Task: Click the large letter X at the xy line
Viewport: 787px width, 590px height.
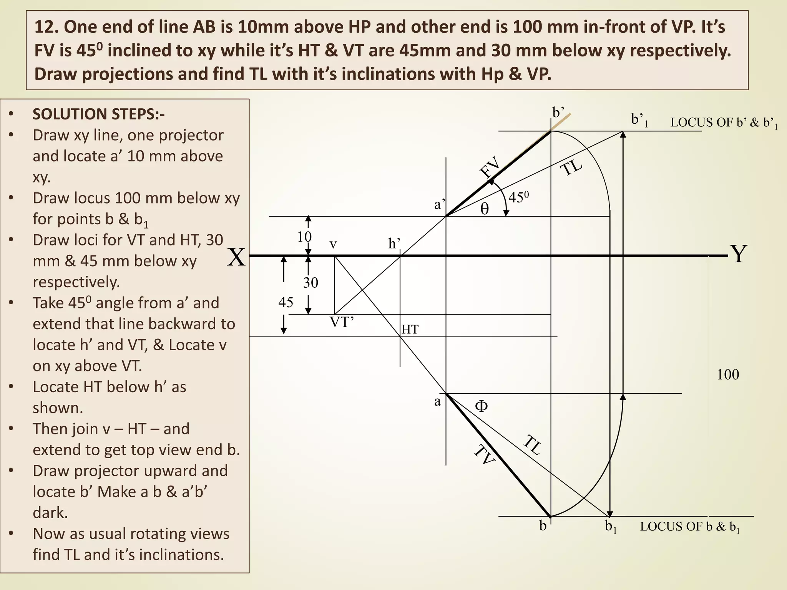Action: coord(236,257)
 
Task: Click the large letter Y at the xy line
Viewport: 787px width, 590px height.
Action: coord(738,254)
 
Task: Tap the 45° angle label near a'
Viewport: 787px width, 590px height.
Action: coord(518,197)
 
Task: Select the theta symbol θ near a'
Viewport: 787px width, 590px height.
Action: coord(485,209)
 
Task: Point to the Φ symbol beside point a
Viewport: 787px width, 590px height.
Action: coord(481,406)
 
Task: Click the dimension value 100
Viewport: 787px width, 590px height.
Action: coord(728,375)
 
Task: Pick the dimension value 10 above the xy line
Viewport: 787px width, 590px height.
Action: coord(304,237)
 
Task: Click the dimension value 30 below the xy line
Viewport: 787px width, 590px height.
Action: coord(310,283)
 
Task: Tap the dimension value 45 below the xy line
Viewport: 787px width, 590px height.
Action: coord(286,302)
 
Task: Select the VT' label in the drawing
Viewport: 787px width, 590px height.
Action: coord(342,322)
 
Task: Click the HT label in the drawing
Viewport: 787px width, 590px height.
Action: coord(410,329)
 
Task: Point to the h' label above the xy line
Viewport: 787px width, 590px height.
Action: coord(394,244)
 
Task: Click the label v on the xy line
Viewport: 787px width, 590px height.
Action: coord(333,244)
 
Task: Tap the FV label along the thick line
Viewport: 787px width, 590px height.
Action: coord(490,167)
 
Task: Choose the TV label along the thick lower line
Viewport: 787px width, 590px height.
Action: coord(484,454)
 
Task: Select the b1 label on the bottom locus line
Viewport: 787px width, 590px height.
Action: coord(611,526)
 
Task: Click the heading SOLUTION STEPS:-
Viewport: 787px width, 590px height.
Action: coord(98,114)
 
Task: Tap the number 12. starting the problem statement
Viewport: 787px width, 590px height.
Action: coord(47,27)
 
